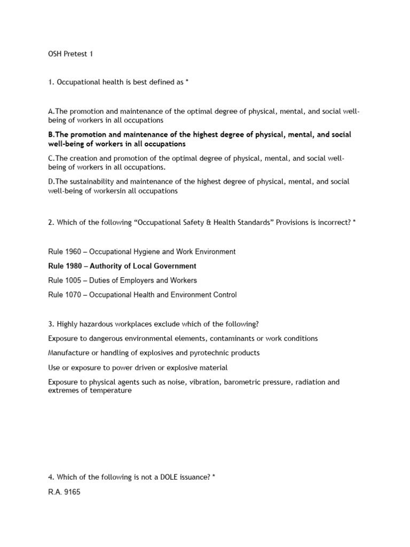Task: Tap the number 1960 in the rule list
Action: pyautogui.click(x=74, y=251)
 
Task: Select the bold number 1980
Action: pyautogui.click(x=75, y=266)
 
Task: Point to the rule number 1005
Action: pyautogui.click(x=74, y=280)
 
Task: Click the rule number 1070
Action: pyautogui.click(x=74, y=295)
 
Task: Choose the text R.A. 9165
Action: pyautogui.click(x=64, y=492)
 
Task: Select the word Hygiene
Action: pyautogui.click(x=150, y=251)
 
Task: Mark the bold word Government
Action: pyautogui.click(x=173, y=266)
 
